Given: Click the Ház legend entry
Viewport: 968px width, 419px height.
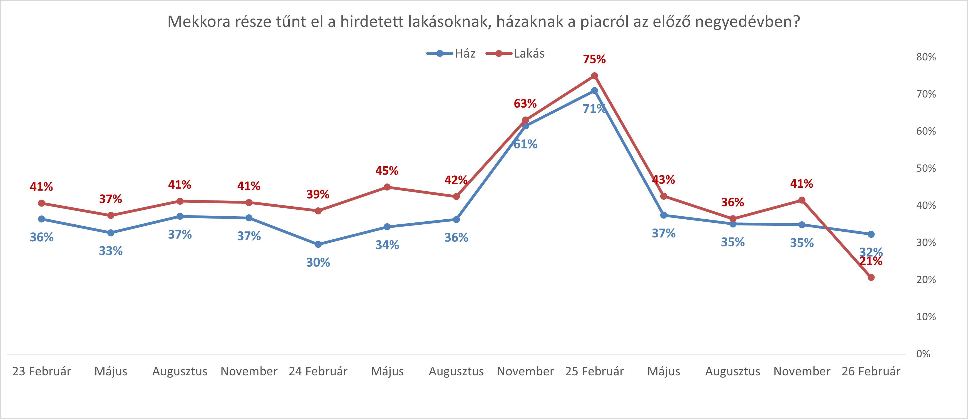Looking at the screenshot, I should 451,54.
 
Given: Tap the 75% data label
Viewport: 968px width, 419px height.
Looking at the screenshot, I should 594,59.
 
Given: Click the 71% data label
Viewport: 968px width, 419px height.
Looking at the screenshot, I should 594,109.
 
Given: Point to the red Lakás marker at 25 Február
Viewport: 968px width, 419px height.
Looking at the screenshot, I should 594,76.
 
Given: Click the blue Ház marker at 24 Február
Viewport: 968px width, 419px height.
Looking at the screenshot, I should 318,244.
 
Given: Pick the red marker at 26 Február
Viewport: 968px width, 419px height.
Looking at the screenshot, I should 871,277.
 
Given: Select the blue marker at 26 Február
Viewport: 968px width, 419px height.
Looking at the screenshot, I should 871,234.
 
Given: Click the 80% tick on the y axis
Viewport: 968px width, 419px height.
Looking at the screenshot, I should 926,57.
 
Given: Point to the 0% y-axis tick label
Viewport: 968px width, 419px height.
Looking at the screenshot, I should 923,354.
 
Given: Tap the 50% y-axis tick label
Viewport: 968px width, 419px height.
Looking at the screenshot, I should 926,168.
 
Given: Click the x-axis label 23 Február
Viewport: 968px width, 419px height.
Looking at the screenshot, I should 41,371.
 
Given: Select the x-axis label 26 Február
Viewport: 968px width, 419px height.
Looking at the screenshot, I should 871,371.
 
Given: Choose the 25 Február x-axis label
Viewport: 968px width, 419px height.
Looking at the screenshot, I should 594,371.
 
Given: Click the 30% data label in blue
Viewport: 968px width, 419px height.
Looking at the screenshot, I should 318,262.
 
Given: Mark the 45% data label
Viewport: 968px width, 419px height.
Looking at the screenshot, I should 387,171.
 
